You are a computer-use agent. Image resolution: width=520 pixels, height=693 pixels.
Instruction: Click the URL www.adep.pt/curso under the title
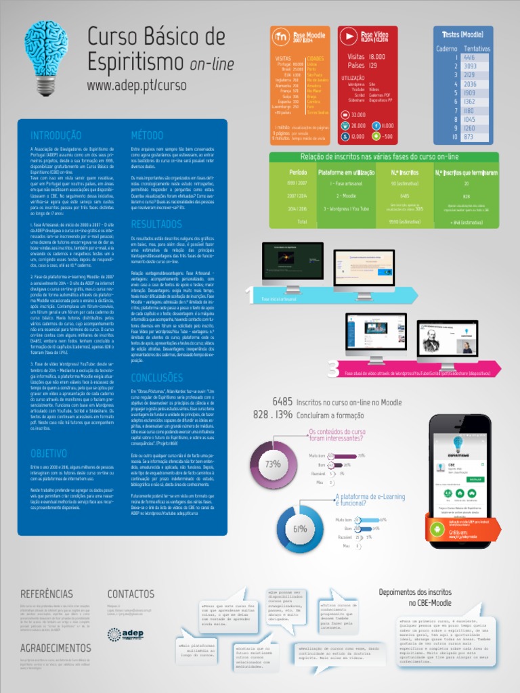(x=136, y=86)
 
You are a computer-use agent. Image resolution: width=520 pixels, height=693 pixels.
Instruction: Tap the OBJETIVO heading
(x=49, y=453)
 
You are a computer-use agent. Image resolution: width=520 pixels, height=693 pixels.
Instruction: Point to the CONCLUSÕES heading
(x=156, y=377)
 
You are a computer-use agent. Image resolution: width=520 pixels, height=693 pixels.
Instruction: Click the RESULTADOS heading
(x=156, y=223)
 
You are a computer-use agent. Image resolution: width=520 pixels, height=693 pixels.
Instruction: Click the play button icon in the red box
(x=348, y=36)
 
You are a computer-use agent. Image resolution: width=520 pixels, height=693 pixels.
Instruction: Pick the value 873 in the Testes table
(x=468, y=137)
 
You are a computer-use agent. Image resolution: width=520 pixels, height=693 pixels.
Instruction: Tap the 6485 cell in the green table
(x=395, y=196)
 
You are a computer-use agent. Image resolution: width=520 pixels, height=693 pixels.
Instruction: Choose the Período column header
(x=292, y=173)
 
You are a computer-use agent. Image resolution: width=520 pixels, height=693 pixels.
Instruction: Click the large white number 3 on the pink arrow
(x=332, y=369)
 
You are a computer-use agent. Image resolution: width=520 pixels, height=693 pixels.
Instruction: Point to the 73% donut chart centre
(x=273, y=464)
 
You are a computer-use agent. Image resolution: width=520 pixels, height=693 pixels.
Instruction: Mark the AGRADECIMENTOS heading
(x=56, y=648)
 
